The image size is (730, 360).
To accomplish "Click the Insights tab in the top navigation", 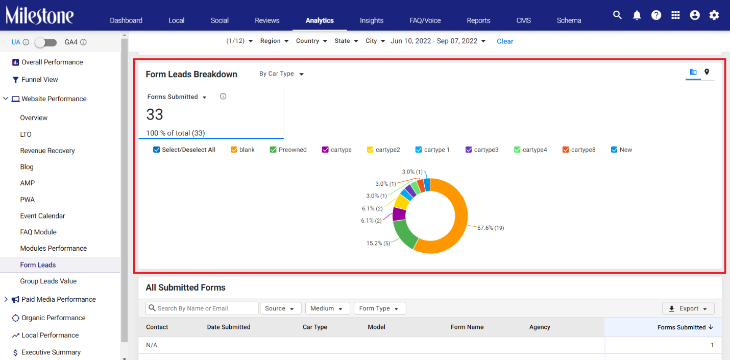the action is click(x=372, y=20).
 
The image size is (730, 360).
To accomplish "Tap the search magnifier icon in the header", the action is click(x=617, y=15).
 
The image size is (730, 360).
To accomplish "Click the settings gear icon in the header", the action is click(x=714, y=15).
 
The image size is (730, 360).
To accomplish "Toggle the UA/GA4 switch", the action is click(x=46, y=42).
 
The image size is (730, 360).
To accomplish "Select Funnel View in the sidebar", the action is click(x=39, y=80).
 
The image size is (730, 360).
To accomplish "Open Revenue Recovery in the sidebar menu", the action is click(x=47, y=151).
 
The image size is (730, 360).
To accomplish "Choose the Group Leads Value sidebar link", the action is click(x=48, y=281).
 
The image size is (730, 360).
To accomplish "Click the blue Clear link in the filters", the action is click(x=505, y=41).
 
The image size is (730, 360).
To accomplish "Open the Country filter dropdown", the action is click(x=311, y=41).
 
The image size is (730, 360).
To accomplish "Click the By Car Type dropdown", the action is click(x=282, y=74).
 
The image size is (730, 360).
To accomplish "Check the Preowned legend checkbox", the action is click(x=273, y=150).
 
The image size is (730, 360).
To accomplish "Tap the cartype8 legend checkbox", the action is click(x=566, y=150).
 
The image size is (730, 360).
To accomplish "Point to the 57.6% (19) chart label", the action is click(x=491, y=228).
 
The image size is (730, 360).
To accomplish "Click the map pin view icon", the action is click(x=707, y=72).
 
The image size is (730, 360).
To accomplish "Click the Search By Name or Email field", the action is click(x=202, y=308).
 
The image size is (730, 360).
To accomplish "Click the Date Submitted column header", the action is click(x=229, y=327).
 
